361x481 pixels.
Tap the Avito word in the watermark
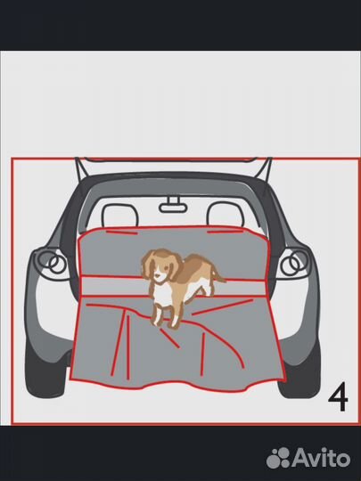(x=321, y=459)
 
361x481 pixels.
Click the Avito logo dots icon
(x=278, y=458)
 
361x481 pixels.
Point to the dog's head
(x=160, y=265)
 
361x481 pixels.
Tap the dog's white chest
(x=164, y=294)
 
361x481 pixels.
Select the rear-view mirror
(x=173, y=207)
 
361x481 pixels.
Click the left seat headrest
(x=119, y=216)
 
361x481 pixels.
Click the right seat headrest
(x=226, y=214)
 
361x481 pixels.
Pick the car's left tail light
(x=51, y=263)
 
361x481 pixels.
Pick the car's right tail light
(x=294, y=263)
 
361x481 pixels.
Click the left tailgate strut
(x=81, y=169)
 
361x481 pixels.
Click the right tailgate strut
(x=265, y=168)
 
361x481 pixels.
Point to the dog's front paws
(x=165, y=322)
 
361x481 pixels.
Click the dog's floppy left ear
(x=148, y=265)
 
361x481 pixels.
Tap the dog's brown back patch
(x=196, y=266)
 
